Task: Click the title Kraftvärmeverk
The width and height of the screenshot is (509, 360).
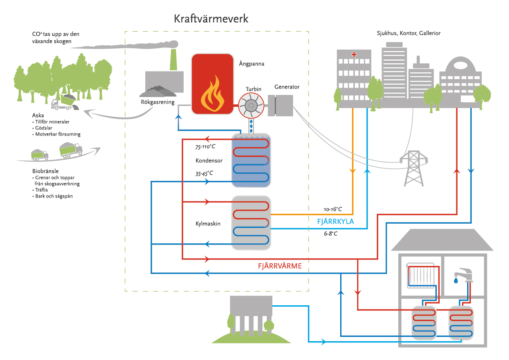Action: [x=211, y=19]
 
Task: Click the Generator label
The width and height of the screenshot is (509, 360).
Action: [x=287, y=87]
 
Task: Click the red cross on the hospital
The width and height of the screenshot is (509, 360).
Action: [x=353, y=54]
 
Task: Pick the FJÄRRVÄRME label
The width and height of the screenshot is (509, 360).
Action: [x=280, y=266]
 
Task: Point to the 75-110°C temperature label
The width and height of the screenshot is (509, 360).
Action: [x=206, y=147]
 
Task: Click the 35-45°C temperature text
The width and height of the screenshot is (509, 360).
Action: [x=204, y=174]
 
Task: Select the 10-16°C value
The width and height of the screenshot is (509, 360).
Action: [x=333, y=210]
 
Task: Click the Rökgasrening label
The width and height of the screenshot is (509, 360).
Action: [x=158, y=102]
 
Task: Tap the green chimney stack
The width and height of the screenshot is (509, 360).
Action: [x=174, y=60]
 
